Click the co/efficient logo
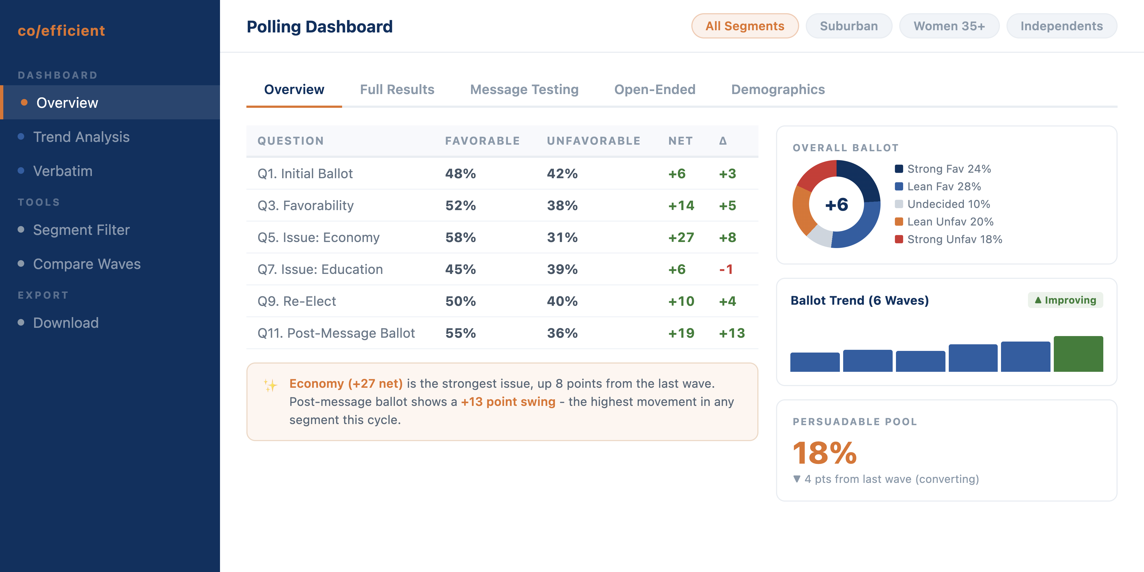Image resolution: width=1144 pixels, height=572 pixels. click(61, 31)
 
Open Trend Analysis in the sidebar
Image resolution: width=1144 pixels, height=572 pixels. click(81, 137)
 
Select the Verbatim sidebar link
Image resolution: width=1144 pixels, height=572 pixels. click(63, 171)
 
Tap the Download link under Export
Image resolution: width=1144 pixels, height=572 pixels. click(66, 323)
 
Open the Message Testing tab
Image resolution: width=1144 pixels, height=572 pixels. click(524, 90)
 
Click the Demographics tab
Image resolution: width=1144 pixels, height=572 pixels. click(778, 90)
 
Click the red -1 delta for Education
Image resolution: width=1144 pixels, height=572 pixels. click(726, 269)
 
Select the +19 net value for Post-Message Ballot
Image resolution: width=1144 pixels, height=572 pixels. click(681, 333)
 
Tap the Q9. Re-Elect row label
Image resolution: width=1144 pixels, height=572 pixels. click(297, 302)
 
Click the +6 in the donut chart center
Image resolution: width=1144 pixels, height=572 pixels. click(836, 205)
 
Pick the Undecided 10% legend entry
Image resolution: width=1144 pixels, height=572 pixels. click(948, 204)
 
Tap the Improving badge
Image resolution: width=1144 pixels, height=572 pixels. click(1065, 300)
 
